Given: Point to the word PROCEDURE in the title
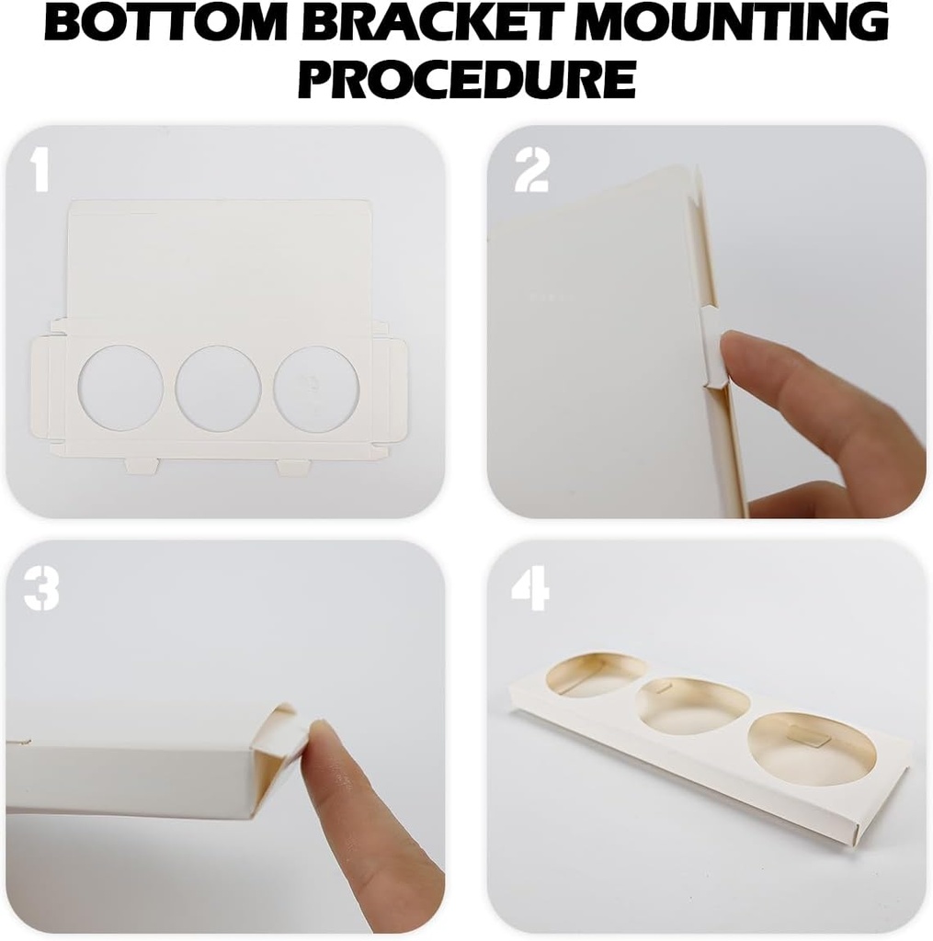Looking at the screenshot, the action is pos(467,77).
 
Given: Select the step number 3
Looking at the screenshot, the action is pos(41,589).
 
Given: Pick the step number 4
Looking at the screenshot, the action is pos(530,589).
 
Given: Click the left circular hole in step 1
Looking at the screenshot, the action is pos(120,387).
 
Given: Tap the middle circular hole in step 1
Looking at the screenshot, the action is pos(219,387).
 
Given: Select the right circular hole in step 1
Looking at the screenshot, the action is pos(316,387).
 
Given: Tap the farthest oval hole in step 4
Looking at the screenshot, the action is pos(597,676).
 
